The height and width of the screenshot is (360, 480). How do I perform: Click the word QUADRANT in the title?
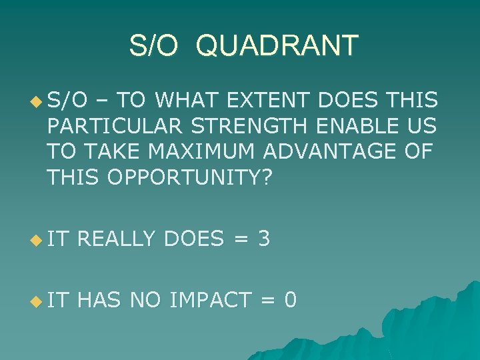(x=278, y=46)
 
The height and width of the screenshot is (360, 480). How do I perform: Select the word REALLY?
(x=117, y=239)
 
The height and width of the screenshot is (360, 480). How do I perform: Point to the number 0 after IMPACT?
(x=290, y=300)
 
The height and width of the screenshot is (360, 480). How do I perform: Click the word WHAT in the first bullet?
(x=188, y=101)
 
